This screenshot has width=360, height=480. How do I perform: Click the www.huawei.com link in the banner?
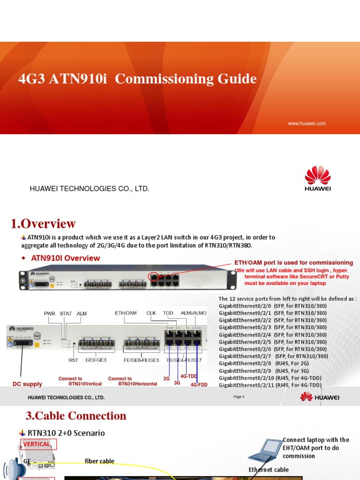pyautogui.click(x=307, y=124)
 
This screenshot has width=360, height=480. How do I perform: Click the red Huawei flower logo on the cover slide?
pyautogui.click(x=318, y=175)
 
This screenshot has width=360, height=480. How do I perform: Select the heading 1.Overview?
pyautogui.click(x=43, y=224)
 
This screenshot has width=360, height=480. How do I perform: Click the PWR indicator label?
pyautogui.click(x=49, y=313)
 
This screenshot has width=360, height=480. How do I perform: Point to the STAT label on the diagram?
pyautogui.click(x=66, y=313)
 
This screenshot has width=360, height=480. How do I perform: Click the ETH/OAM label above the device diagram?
pyautogui.click(x=126, y=313)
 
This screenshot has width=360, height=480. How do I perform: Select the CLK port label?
pyautogui.click(x=151, y=313)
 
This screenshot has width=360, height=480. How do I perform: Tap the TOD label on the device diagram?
pyautogui.click(x=168, y=313)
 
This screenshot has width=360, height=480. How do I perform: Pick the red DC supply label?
pyautogui.click(x=27, y=384)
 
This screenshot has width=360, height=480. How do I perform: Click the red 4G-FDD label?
pyautogui.click(x=199, y=385)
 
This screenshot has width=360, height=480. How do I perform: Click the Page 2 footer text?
pyautogui.click(x=239, y=397)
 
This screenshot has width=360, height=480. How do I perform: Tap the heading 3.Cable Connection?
pyautogui.click(x=75, y=416)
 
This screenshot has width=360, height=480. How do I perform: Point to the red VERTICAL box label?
pyautogui.click(x=37, y=444)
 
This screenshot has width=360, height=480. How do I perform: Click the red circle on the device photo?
pyautogui.click(x=153, y=277)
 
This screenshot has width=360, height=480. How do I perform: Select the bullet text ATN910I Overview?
pyautogui.click(x=65, y=258)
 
